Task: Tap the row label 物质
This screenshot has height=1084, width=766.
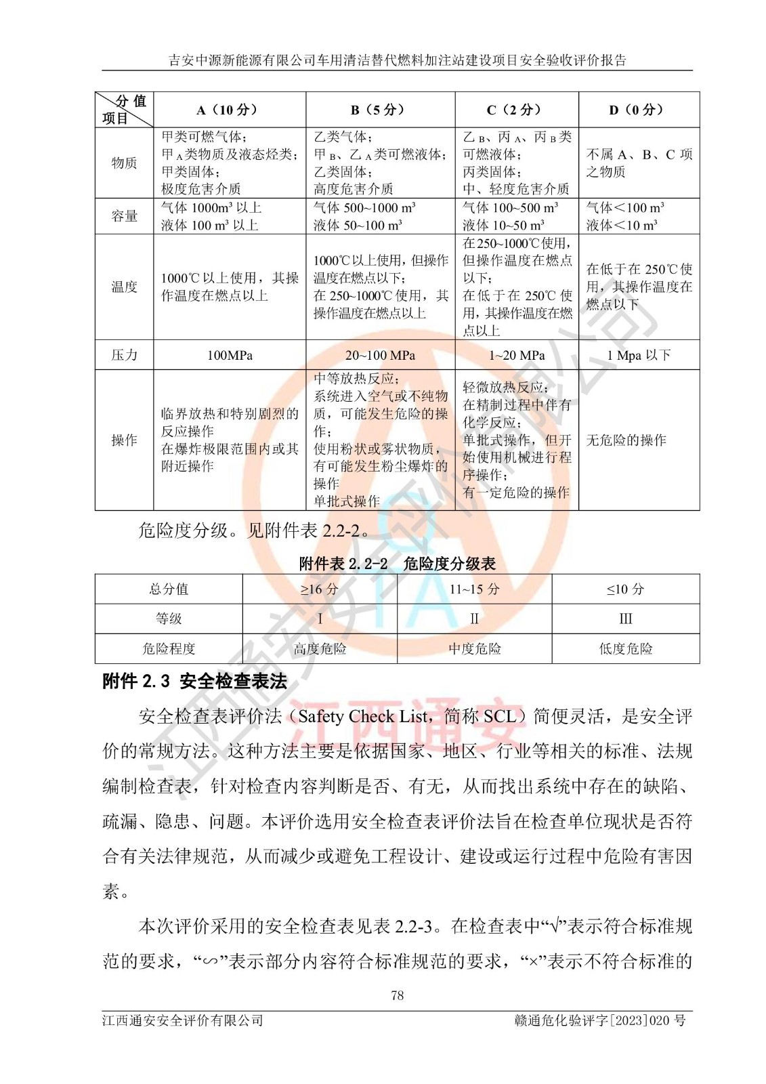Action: pyautogui.click(x=124, y=163)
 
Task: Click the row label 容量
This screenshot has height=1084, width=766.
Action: pyautogui.click(x=124, y=216)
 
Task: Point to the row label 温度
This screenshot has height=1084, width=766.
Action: pyautogui.click(x=124, y=287)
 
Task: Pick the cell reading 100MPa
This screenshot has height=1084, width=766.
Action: pyautogui.click(x=230, y=355)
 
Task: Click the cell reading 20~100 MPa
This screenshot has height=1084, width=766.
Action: pyautogui.click(x=380, y=355)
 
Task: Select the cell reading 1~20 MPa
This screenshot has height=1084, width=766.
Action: pyautogui.click(x=517, y=355)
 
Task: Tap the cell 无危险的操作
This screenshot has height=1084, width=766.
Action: pyautogui.click(x=626, y=440)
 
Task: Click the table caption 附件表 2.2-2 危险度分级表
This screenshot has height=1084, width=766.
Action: pyautogui.click(x=397, y=564)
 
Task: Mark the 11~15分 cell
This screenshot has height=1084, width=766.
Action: pyautogui.click(x=474, y=589)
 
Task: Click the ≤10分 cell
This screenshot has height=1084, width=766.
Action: pyautogui.click(x=625, y=589)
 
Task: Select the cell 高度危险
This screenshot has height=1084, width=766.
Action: pyautogui.click(x=320, y=648)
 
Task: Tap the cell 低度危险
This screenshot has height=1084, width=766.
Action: pyautogui.click(x=625, y=648)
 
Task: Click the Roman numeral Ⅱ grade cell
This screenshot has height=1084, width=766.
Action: pyautogui.click(x=474, y=619)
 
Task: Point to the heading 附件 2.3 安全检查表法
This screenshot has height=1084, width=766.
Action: pyautogui.click(x=195, y=681)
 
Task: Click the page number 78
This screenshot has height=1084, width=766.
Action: pyautogui.click(x=397, y=995)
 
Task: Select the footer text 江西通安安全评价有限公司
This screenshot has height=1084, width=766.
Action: pyautogui.click(x=183, y=1020)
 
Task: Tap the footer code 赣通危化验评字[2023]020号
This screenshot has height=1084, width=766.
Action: pyautogui.click(x=599, y=1020)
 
